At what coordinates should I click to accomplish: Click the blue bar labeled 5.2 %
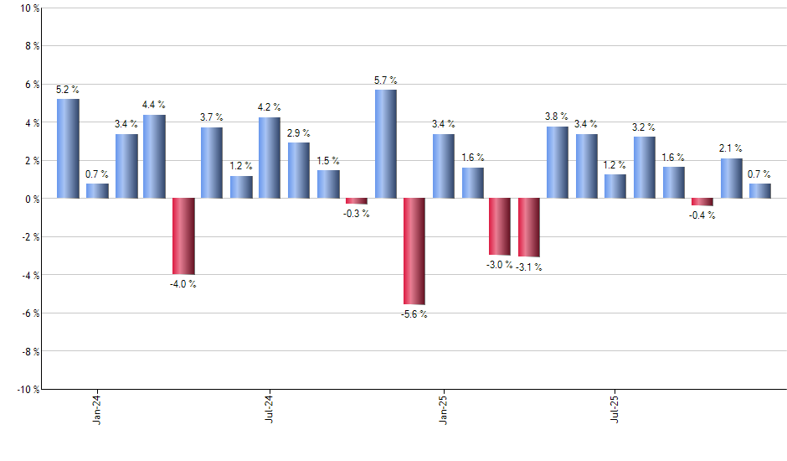click(x=68, y=148)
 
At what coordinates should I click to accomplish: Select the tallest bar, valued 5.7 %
click(x=385, y=143)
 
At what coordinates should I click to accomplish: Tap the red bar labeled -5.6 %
click(x=414, y=251)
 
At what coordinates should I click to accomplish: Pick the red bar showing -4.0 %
click(x=183, y=236)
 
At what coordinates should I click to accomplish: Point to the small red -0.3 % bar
click(x=357, y=201)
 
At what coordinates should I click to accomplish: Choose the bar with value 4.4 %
click(x=154, y=156)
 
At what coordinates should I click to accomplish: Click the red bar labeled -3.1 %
click(x=529, y=227)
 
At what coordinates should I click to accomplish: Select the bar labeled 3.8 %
click(x=558, y=162)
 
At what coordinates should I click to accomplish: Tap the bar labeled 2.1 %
click(x=731, y=178)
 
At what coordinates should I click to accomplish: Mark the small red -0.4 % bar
click(x=702, y=202)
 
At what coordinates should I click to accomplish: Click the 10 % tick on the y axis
click(x=28, y=8)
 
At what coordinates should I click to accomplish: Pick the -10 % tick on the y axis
click(x=27, y=390)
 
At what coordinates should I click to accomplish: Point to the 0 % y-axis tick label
click(x=31, y=199)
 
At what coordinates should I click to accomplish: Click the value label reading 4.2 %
click(x=270, y=107)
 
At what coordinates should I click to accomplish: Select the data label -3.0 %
click(x=499, y=265)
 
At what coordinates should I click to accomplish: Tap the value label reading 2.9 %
click(x=298, y=132)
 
